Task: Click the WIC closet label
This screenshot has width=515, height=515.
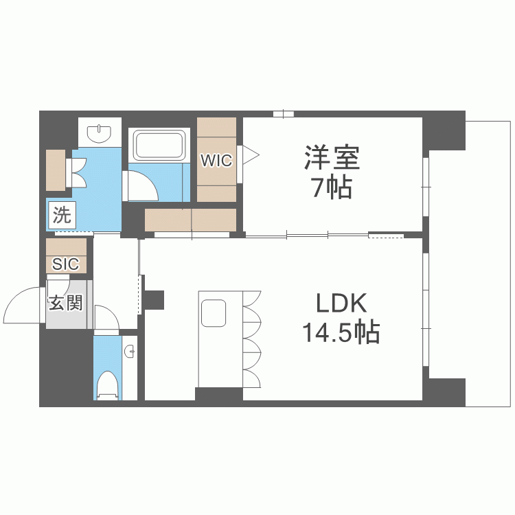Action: pos(216,161)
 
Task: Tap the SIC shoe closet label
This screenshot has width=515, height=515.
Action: pos(66,264)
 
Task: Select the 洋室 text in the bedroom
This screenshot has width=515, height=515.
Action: pos(332,158)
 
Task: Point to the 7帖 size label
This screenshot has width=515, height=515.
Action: pos(332,187)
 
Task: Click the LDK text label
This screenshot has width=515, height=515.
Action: pos(341,303)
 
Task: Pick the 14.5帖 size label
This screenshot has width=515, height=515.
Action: pos(341,332)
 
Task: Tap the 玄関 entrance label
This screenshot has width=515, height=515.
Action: pos(66,303)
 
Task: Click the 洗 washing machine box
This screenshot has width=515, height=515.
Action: pos(62,215)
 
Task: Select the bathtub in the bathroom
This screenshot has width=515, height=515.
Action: pos(159,145)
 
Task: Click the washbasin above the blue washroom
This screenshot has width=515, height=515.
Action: pos(99,134)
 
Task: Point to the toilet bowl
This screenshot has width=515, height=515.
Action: pos(107,385)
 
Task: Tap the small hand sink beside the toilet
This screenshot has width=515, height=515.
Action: pos(130,352)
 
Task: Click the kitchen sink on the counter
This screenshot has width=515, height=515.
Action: pos(214,313)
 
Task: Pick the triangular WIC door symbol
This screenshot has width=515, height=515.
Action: pos(250,154)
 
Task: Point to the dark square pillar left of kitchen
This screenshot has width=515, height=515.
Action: pos(154,299)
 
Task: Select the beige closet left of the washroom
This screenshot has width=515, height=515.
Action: pos(56,170)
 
